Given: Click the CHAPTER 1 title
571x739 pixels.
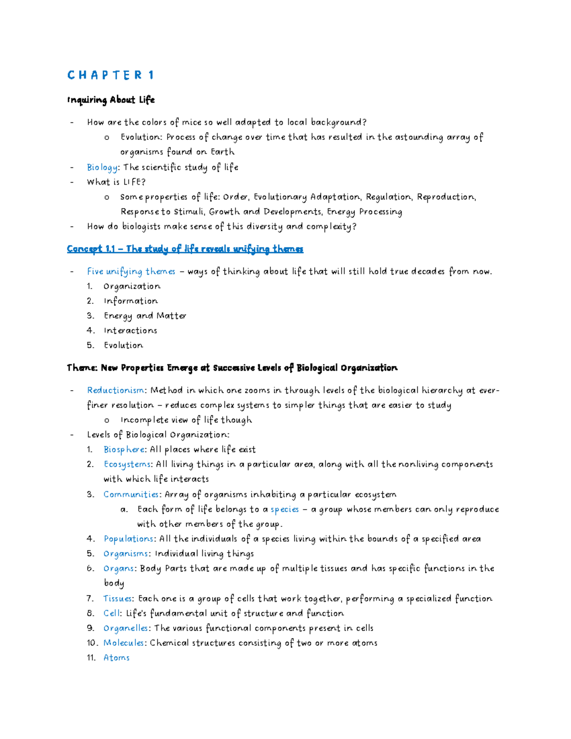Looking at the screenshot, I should [x=110, y=75].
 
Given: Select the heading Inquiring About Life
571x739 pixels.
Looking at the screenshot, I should [x=111, y=100].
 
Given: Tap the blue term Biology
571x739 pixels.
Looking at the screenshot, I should [x=102, y=168].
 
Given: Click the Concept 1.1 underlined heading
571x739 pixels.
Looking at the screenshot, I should [x=185, y=249].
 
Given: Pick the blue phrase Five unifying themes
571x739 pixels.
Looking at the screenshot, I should [x=131, y=272].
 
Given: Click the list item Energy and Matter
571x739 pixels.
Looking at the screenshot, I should [x=145, y=316].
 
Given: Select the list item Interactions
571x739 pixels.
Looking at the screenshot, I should [x=130, y=331].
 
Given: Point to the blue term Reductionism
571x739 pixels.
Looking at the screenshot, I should [x=116, y=391].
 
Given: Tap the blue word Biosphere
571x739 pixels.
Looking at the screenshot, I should [x=124, y=450].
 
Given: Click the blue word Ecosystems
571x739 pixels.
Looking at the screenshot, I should [x=127, y=464].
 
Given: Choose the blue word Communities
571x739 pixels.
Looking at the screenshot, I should [x=131, y=494].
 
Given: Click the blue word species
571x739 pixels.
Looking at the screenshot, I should [x=285, y=510].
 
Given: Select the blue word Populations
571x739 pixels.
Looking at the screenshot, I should [x=128, y=539].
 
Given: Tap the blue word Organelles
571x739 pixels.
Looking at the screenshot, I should [x=126, y=628].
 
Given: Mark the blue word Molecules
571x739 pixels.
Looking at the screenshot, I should [x=124, y=643].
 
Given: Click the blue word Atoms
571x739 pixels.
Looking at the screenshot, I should [x=117, y=658].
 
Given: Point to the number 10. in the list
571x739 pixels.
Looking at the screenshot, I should [x=92, y=643].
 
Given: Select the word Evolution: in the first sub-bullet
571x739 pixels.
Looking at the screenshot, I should [x=141, y=138].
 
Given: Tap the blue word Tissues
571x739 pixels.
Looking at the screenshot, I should [x=118, y=599].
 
